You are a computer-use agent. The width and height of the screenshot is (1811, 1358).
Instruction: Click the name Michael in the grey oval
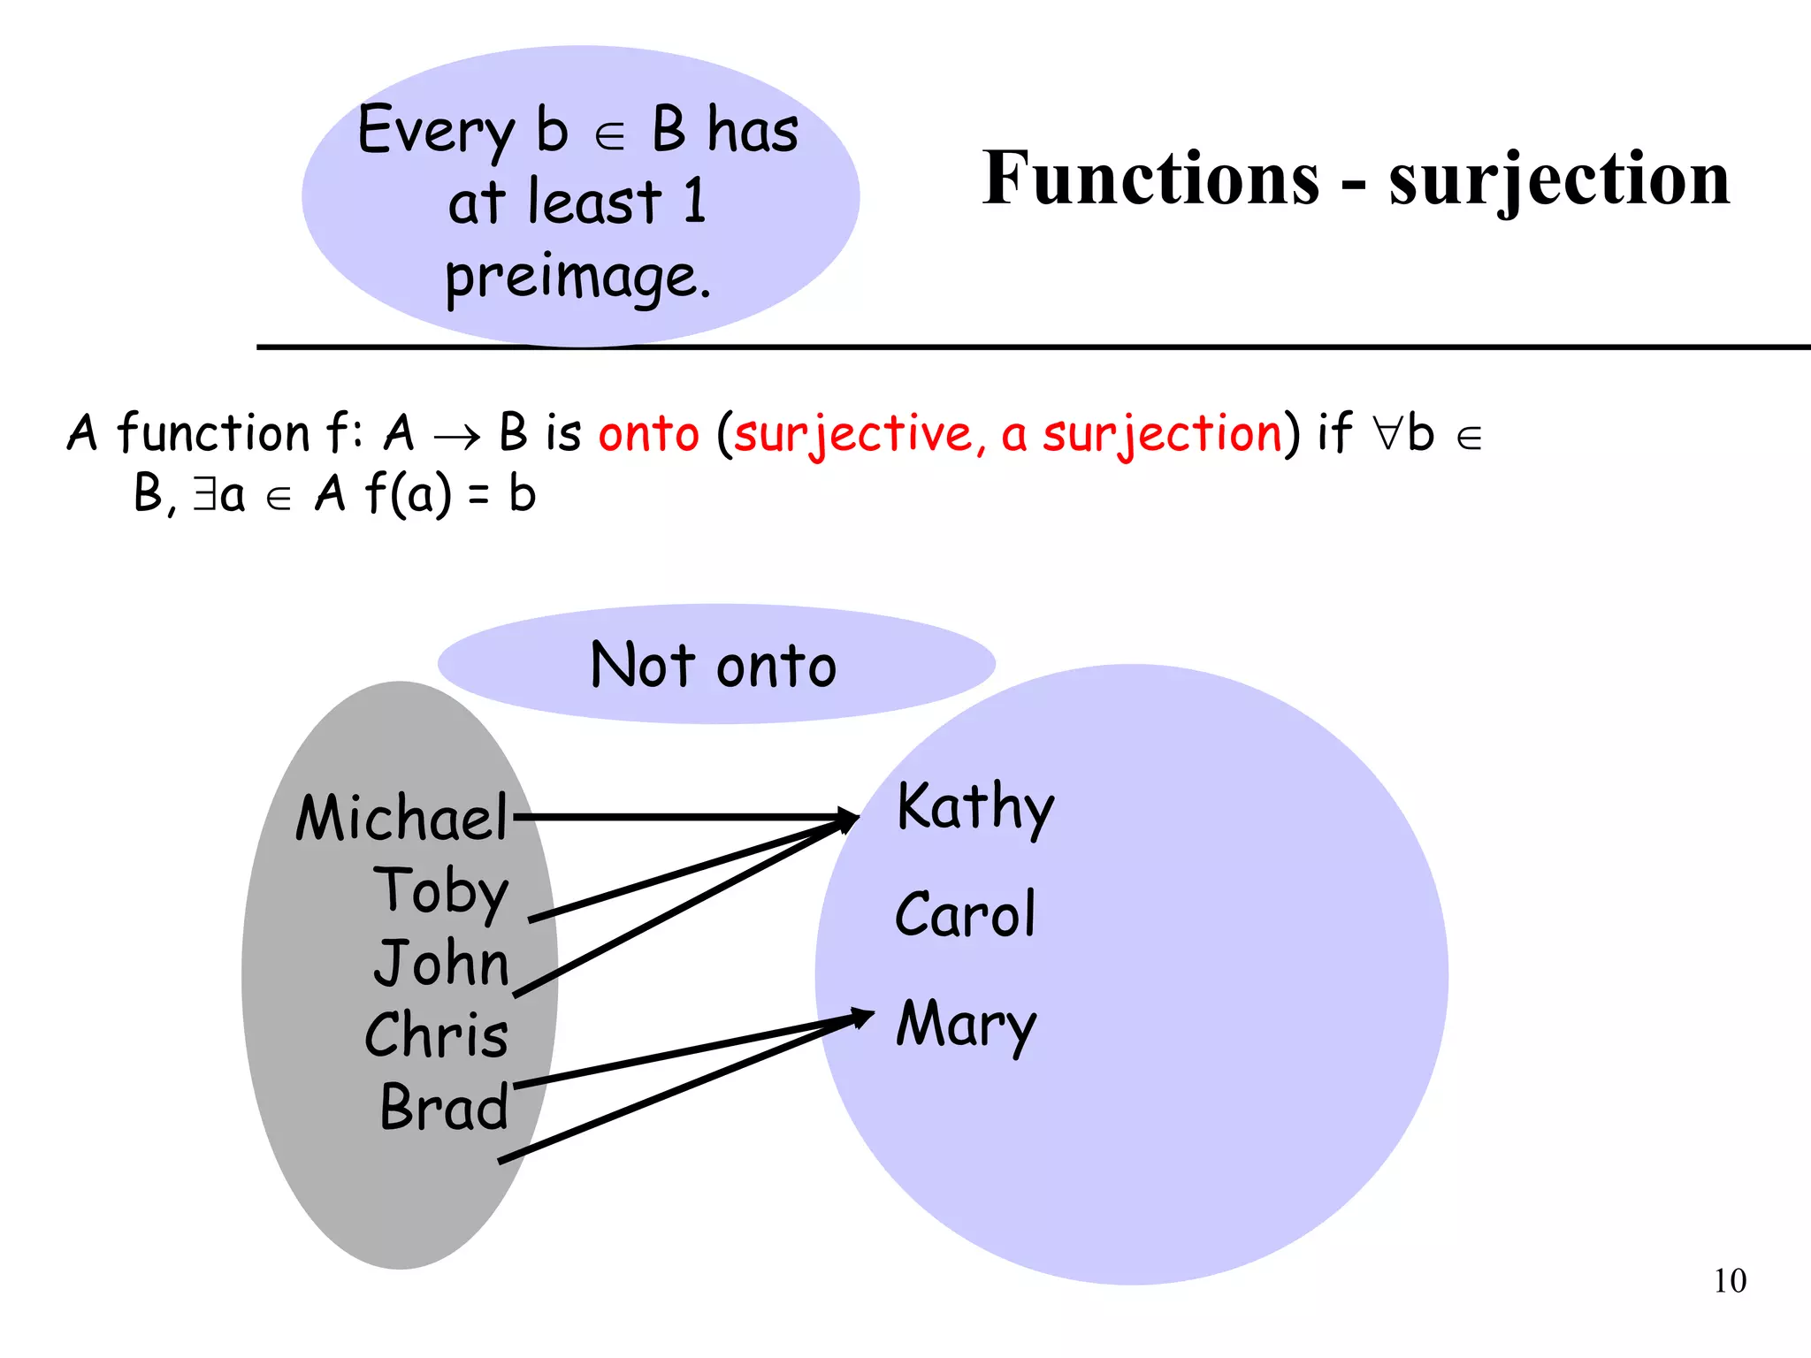tap(402, 818)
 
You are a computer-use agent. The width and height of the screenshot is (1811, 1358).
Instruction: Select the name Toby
tap(441, 891)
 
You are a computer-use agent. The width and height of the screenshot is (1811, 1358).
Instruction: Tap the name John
tap(441, 963)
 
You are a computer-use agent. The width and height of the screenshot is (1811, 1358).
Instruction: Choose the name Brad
tap(444, 1107)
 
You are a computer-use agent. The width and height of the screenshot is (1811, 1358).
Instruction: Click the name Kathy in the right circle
tap(975, 807)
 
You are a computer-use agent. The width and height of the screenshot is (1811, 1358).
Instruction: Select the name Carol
tap(965, 914)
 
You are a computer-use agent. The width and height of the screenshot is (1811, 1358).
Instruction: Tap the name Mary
tap(966, 1025)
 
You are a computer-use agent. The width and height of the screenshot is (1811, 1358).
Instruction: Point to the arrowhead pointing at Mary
tap(862, 1018)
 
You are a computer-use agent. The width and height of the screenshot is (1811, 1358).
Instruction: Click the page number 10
tap(1730, 1281)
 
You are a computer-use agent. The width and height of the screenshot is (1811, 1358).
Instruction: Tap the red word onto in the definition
tap(649, 434)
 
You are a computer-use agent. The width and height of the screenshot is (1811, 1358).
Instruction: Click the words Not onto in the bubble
tap(714, 665)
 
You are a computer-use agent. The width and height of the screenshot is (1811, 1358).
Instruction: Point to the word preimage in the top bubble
tap(577, 278)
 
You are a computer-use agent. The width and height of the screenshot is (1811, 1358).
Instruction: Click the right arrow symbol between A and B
tap(456, 436)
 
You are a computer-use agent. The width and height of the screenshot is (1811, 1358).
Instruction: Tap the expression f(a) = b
tap(450, 493)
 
